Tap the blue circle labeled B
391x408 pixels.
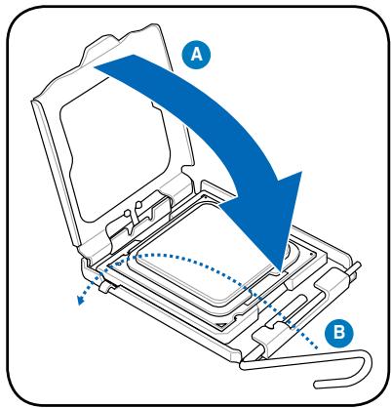point(338,334)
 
